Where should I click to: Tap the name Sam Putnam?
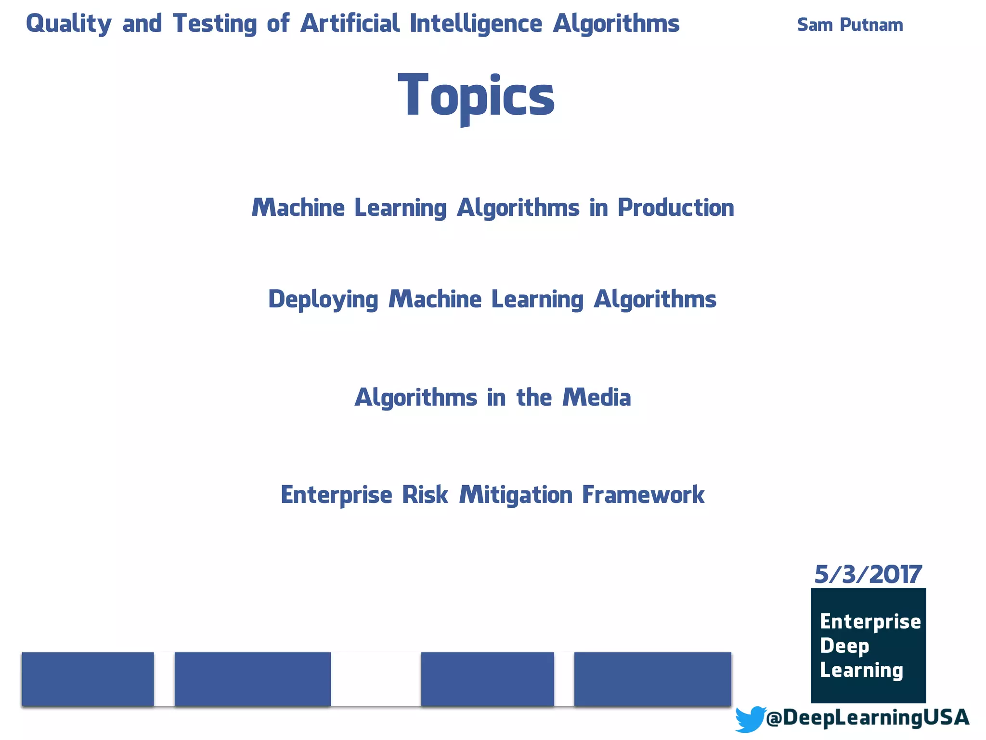(x=850, y=25)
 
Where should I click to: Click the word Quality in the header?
(x=68, y=24)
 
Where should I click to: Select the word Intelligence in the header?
(x=476, y=24)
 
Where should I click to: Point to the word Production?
(x=675, y=208)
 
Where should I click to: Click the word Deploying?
(x=323, y=299)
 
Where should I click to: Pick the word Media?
(x=597, y=397)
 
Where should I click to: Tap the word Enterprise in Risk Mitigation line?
(x=336, y=495)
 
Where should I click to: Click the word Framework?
(x=643, y=495)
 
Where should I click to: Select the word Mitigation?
(x=516, y=495)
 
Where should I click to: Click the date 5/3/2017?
(x=868, y=574)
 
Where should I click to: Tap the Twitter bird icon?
(x=750, y=719)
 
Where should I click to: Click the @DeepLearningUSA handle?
(x=867, y=717)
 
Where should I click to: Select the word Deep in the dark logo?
(x=844, y=646)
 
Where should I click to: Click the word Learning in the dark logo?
(x=861, y=670)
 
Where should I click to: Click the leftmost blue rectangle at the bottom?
(x=88, y=679)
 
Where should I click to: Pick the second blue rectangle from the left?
(x=252, y=679)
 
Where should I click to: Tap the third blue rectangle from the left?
(x=487, y=679)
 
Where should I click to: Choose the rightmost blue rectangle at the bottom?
(x=652, y=679)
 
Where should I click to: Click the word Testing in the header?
(x=215, y=24)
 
